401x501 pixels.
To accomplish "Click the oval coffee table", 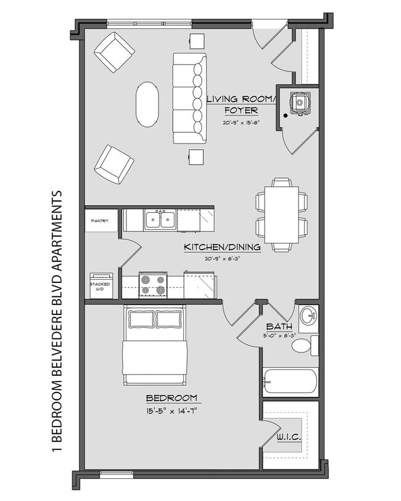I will coord(147,105).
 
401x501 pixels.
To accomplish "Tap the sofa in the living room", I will coord(189,99).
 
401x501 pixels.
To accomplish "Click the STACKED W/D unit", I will coord(101,285).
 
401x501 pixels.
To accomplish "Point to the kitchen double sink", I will coord(159,220).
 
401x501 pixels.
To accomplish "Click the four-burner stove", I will coord(152,284).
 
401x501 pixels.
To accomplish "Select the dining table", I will coord(281,214).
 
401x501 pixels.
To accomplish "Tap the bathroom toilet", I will coord(303,346).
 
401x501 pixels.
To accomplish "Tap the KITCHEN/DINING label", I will coord(223,248).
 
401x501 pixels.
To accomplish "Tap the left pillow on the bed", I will coord(140,319).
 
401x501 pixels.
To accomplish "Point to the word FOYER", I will coord(241,111).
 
